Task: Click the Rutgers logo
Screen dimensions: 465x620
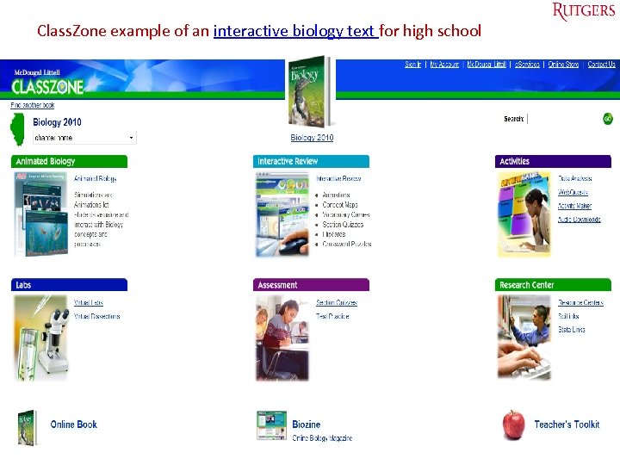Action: (584, 11)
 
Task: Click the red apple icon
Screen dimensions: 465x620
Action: (514, 425)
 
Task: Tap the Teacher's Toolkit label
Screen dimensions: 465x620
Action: (567, 425)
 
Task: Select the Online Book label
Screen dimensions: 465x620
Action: (74, 425)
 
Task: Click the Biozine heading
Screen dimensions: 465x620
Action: (306, 425)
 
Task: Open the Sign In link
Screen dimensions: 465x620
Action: (413, 65)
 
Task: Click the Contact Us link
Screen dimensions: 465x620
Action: (601, 65)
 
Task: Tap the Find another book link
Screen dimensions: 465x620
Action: (33, 106)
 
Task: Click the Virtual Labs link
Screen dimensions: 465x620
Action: (89, 303)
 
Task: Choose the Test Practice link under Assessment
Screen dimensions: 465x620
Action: (332, 316)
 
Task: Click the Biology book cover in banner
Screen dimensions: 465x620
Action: (310, 90)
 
